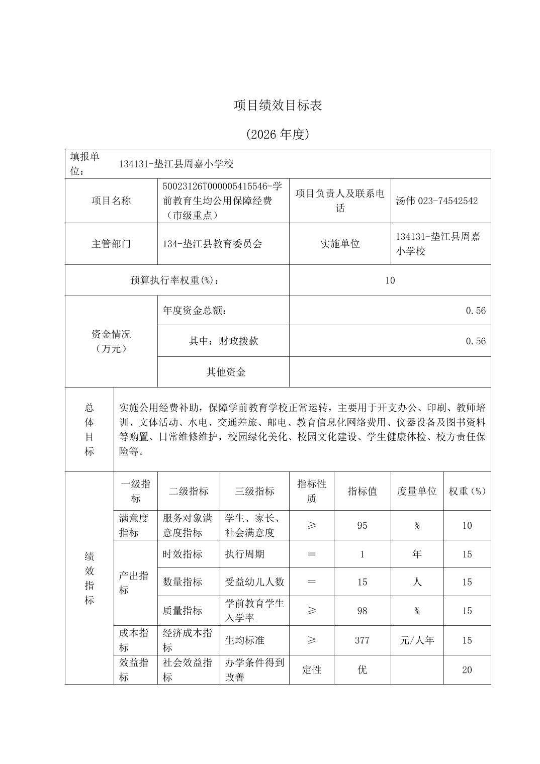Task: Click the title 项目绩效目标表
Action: tap(278, 105)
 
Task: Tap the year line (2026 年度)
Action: tap(278, 134)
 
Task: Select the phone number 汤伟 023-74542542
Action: tap(436, 201)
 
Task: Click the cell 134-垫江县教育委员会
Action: tap(212, 244)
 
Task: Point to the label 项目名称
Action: tap(111, 201)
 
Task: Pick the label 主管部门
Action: tap(111, 244)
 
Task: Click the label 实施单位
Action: tap(340, 244)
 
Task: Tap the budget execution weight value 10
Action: tap(390, 280)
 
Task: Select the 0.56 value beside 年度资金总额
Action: tap(475, 311)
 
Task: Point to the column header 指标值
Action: tap(362, 491)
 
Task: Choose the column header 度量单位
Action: tap(417, 491)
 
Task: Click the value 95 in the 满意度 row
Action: tap(362, 525)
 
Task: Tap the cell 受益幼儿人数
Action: tap(254, 582)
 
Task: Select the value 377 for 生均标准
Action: tap(362, 640)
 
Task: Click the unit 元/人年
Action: tap(417, 640)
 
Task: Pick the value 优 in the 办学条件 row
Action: tap(362, 670)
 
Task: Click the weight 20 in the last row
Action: tap(467, 670)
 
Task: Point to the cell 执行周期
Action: tap(244, 554)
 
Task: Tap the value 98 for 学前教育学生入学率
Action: tap(362, 611)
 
